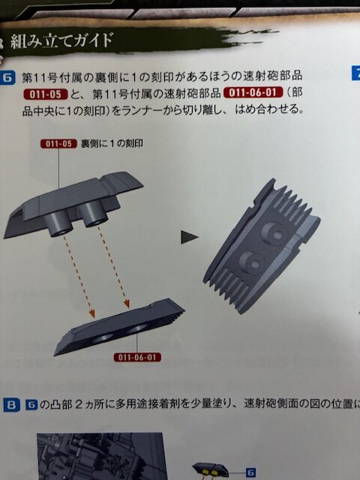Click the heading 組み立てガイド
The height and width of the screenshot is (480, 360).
click(61, 40)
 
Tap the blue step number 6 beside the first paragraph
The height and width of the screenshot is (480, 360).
click(7, 78)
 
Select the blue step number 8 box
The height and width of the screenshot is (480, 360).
click(11, 405)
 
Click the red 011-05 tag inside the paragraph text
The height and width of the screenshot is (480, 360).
click(46, 94)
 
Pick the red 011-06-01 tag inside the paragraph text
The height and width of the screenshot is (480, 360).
click(253, 92)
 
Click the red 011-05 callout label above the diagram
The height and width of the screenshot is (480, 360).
click(58, 143)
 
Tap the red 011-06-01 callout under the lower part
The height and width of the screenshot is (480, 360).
click(137, 357)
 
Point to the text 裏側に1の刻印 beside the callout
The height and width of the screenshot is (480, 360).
click(112, 143)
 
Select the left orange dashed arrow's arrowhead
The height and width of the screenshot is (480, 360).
click(91, 313)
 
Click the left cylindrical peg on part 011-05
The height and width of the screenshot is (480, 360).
click(58, 224)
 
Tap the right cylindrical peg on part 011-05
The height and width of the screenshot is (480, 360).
click(93, 214)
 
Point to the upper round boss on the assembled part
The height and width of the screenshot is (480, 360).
click(274, 232)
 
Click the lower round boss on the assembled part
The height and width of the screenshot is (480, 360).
click(252, 262)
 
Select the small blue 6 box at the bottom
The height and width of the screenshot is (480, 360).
click(250, 472)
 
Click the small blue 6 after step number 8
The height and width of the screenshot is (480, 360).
click(31, 405)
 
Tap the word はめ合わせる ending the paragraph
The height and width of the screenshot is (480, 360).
click(269, 109)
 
